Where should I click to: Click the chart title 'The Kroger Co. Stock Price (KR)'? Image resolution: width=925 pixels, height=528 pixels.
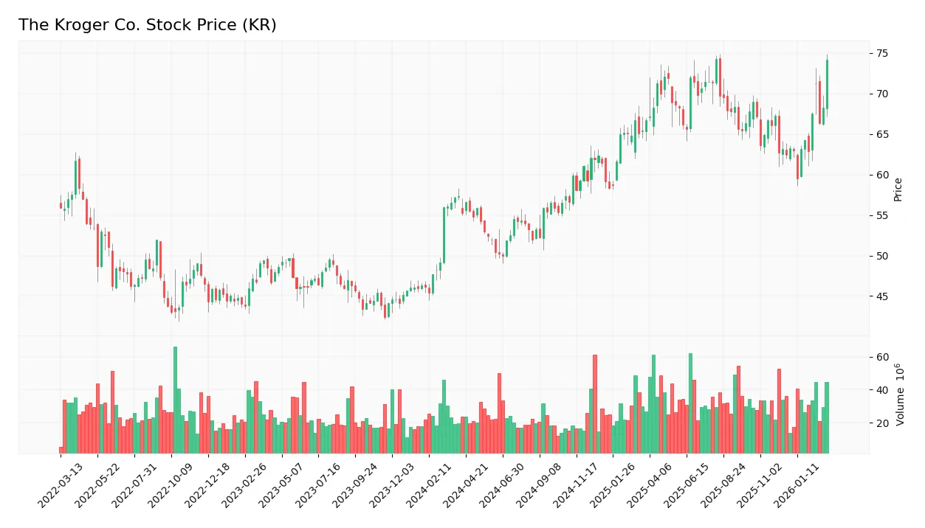147,25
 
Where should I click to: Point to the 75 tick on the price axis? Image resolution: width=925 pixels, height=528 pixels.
882,53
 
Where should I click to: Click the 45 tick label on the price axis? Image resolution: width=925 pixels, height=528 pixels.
882,296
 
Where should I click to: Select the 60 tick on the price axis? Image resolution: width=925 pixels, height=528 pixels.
882,175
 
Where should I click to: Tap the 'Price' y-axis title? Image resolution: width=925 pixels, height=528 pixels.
898,190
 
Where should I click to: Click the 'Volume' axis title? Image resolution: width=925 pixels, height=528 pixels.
900,395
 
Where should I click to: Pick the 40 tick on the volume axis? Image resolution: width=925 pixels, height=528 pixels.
882,389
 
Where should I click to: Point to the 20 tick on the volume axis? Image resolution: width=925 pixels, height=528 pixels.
882,423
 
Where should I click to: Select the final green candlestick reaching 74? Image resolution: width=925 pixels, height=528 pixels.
827,84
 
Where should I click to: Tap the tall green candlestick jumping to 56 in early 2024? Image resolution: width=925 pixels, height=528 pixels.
444,235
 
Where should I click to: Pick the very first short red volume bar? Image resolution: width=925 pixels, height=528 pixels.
61,450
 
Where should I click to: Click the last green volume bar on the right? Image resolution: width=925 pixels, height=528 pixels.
827,417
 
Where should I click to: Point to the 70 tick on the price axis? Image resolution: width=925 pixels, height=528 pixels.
882,94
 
